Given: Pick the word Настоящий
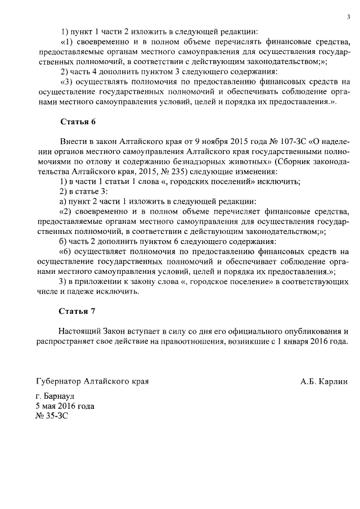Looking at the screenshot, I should [x=81, y=331].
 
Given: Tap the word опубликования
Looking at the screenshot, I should [x=308, y=331].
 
